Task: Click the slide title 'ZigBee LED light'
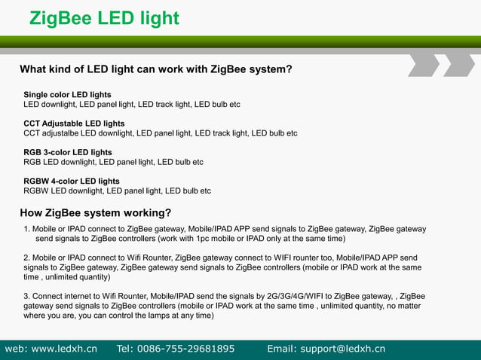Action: click(104, 18)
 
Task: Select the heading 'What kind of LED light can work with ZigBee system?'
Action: click(155, 69)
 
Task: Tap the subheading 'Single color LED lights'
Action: click(67, 94)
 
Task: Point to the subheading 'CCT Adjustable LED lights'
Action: click(74, 123)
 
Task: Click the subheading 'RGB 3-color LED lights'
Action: click(67, 152)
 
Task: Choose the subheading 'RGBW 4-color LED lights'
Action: click(71, 181)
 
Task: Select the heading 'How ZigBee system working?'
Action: click(95, 212)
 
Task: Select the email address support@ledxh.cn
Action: click(342, 349)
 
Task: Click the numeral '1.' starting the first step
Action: click(27, 229)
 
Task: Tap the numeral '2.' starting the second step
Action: click(27, 258)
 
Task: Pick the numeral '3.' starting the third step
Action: click(27, 296)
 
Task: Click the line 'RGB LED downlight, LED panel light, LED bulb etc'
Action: click(113, 162)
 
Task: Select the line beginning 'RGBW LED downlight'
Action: click(117, 191)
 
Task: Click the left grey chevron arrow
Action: click(424, 65)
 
